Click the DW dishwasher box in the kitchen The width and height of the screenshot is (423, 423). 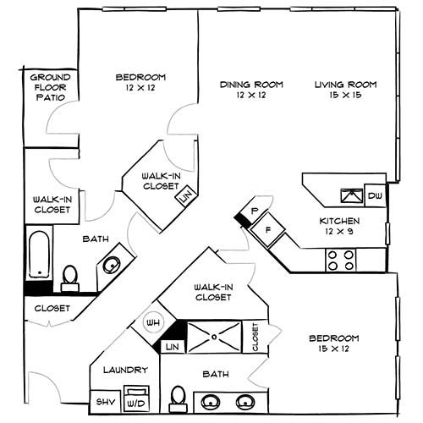pos(375,196)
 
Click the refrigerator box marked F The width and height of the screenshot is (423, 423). pos(268,228)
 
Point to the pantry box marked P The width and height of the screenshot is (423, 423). pos(254,209)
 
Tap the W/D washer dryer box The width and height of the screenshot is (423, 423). pos(136,397)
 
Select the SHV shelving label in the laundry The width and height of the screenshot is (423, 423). pos(105,401)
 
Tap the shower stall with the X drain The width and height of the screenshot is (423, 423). pos(216,336)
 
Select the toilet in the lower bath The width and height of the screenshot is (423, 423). pos(179,397)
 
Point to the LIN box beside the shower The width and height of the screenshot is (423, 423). pos(172,347)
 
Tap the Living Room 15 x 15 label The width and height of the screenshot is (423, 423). pos(345,90)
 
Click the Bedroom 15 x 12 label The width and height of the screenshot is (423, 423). pos(334,343)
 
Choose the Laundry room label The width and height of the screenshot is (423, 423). pos(125,370)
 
